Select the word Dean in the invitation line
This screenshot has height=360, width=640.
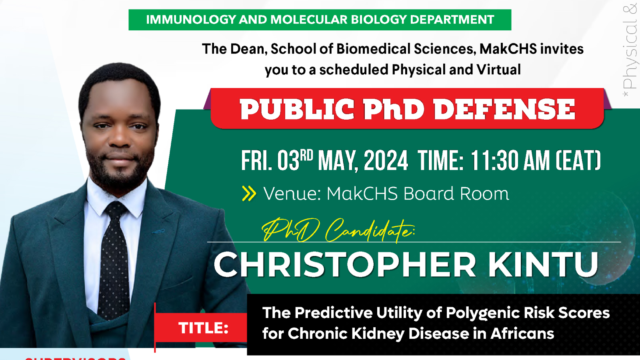pos(248,49)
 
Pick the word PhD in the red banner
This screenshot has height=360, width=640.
pos(394,109)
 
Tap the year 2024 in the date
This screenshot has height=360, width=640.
pos(386,161)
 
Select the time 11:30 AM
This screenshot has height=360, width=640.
pos(510,161)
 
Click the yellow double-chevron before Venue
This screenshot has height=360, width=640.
pos(249,194)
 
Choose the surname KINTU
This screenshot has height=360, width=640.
pos(543,265)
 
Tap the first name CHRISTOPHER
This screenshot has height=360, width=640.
pos(345,265)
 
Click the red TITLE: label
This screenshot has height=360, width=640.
pos(203,328)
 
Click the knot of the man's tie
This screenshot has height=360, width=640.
pos(116,210)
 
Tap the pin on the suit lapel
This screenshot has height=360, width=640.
pos(158,231)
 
